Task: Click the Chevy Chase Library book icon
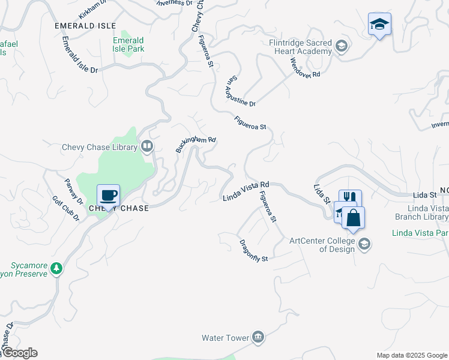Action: [x=147, y=146]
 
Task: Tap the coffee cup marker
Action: [x=108, y=196]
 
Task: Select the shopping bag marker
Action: [x=354, y=218]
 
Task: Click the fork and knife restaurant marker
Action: [x=350, y=199]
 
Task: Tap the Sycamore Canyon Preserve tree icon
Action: [x=56, y=268]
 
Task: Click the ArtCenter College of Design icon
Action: [x=364, y=244]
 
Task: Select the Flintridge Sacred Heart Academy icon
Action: [x=342, y=47]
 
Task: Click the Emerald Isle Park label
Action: [x=128, y=44]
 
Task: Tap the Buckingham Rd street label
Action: [x=195, y=144]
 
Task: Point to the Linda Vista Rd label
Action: [x=245, y=191]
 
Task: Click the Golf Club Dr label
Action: [x=66, y=208]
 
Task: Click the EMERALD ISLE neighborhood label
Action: [x=85, y=26]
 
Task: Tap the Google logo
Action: [x=19, y=353]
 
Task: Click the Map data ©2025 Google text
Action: [x=412, y=355]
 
